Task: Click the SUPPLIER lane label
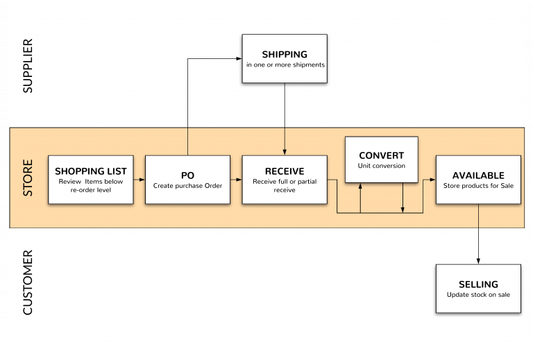(x=28, y=66)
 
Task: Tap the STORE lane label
(x=28, y=178)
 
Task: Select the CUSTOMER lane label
(x=28, y=282)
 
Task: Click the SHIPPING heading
(x=285, y=54)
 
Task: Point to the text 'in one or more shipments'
(x=285, y=65)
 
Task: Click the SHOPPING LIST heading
(x=91, y=171)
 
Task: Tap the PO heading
(x=187, y=175)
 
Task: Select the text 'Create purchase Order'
(x=187, y=186)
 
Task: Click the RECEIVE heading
(x=285, y=171)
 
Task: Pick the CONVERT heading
(x=382, y=155)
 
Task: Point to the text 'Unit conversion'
(x=382, y=166)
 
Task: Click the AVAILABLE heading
(x=478, y=175)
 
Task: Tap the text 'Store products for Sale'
(x=478, y=186)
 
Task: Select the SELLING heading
(x=478, y=284)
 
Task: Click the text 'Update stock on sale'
(x=478, y=295)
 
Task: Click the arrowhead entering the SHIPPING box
(x=239, y=59)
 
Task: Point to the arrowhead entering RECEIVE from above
(x=285, y=152)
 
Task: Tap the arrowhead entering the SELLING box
(x=478, y=261)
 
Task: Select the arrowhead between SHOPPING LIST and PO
(x=142, y=180)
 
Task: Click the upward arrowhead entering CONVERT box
(x=360, y=186)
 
